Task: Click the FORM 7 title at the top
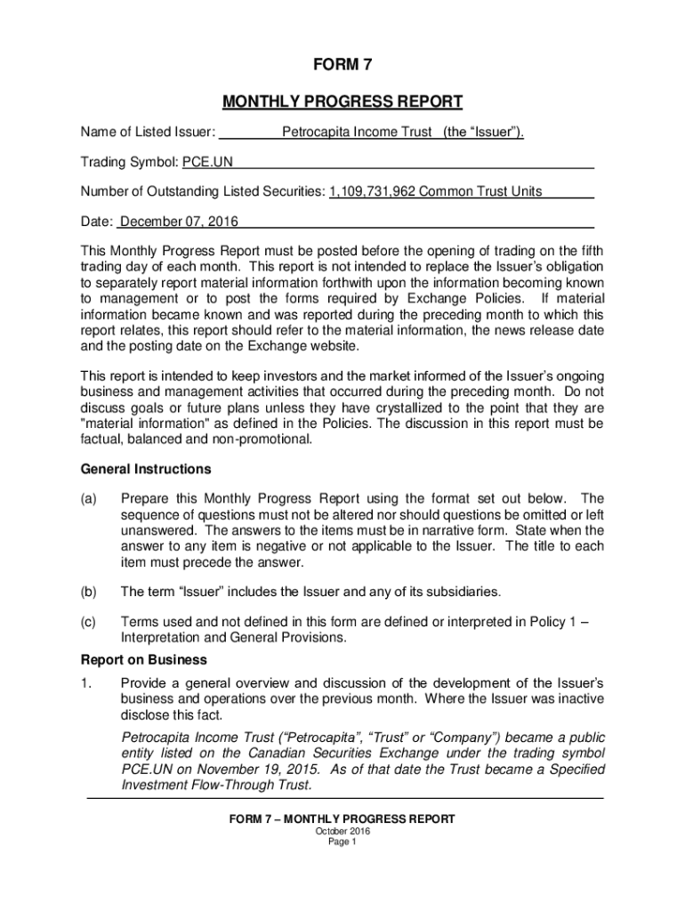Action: tap(342, 66)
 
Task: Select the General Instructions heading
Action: tap(146, 469)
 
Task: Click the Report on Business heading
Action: tap(144, 660)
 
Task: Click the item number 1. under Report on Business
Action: tap(86, 682)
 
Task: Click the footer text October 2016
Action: tap(342, 831)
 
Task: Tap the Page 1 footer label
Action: tap(342, 843)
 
